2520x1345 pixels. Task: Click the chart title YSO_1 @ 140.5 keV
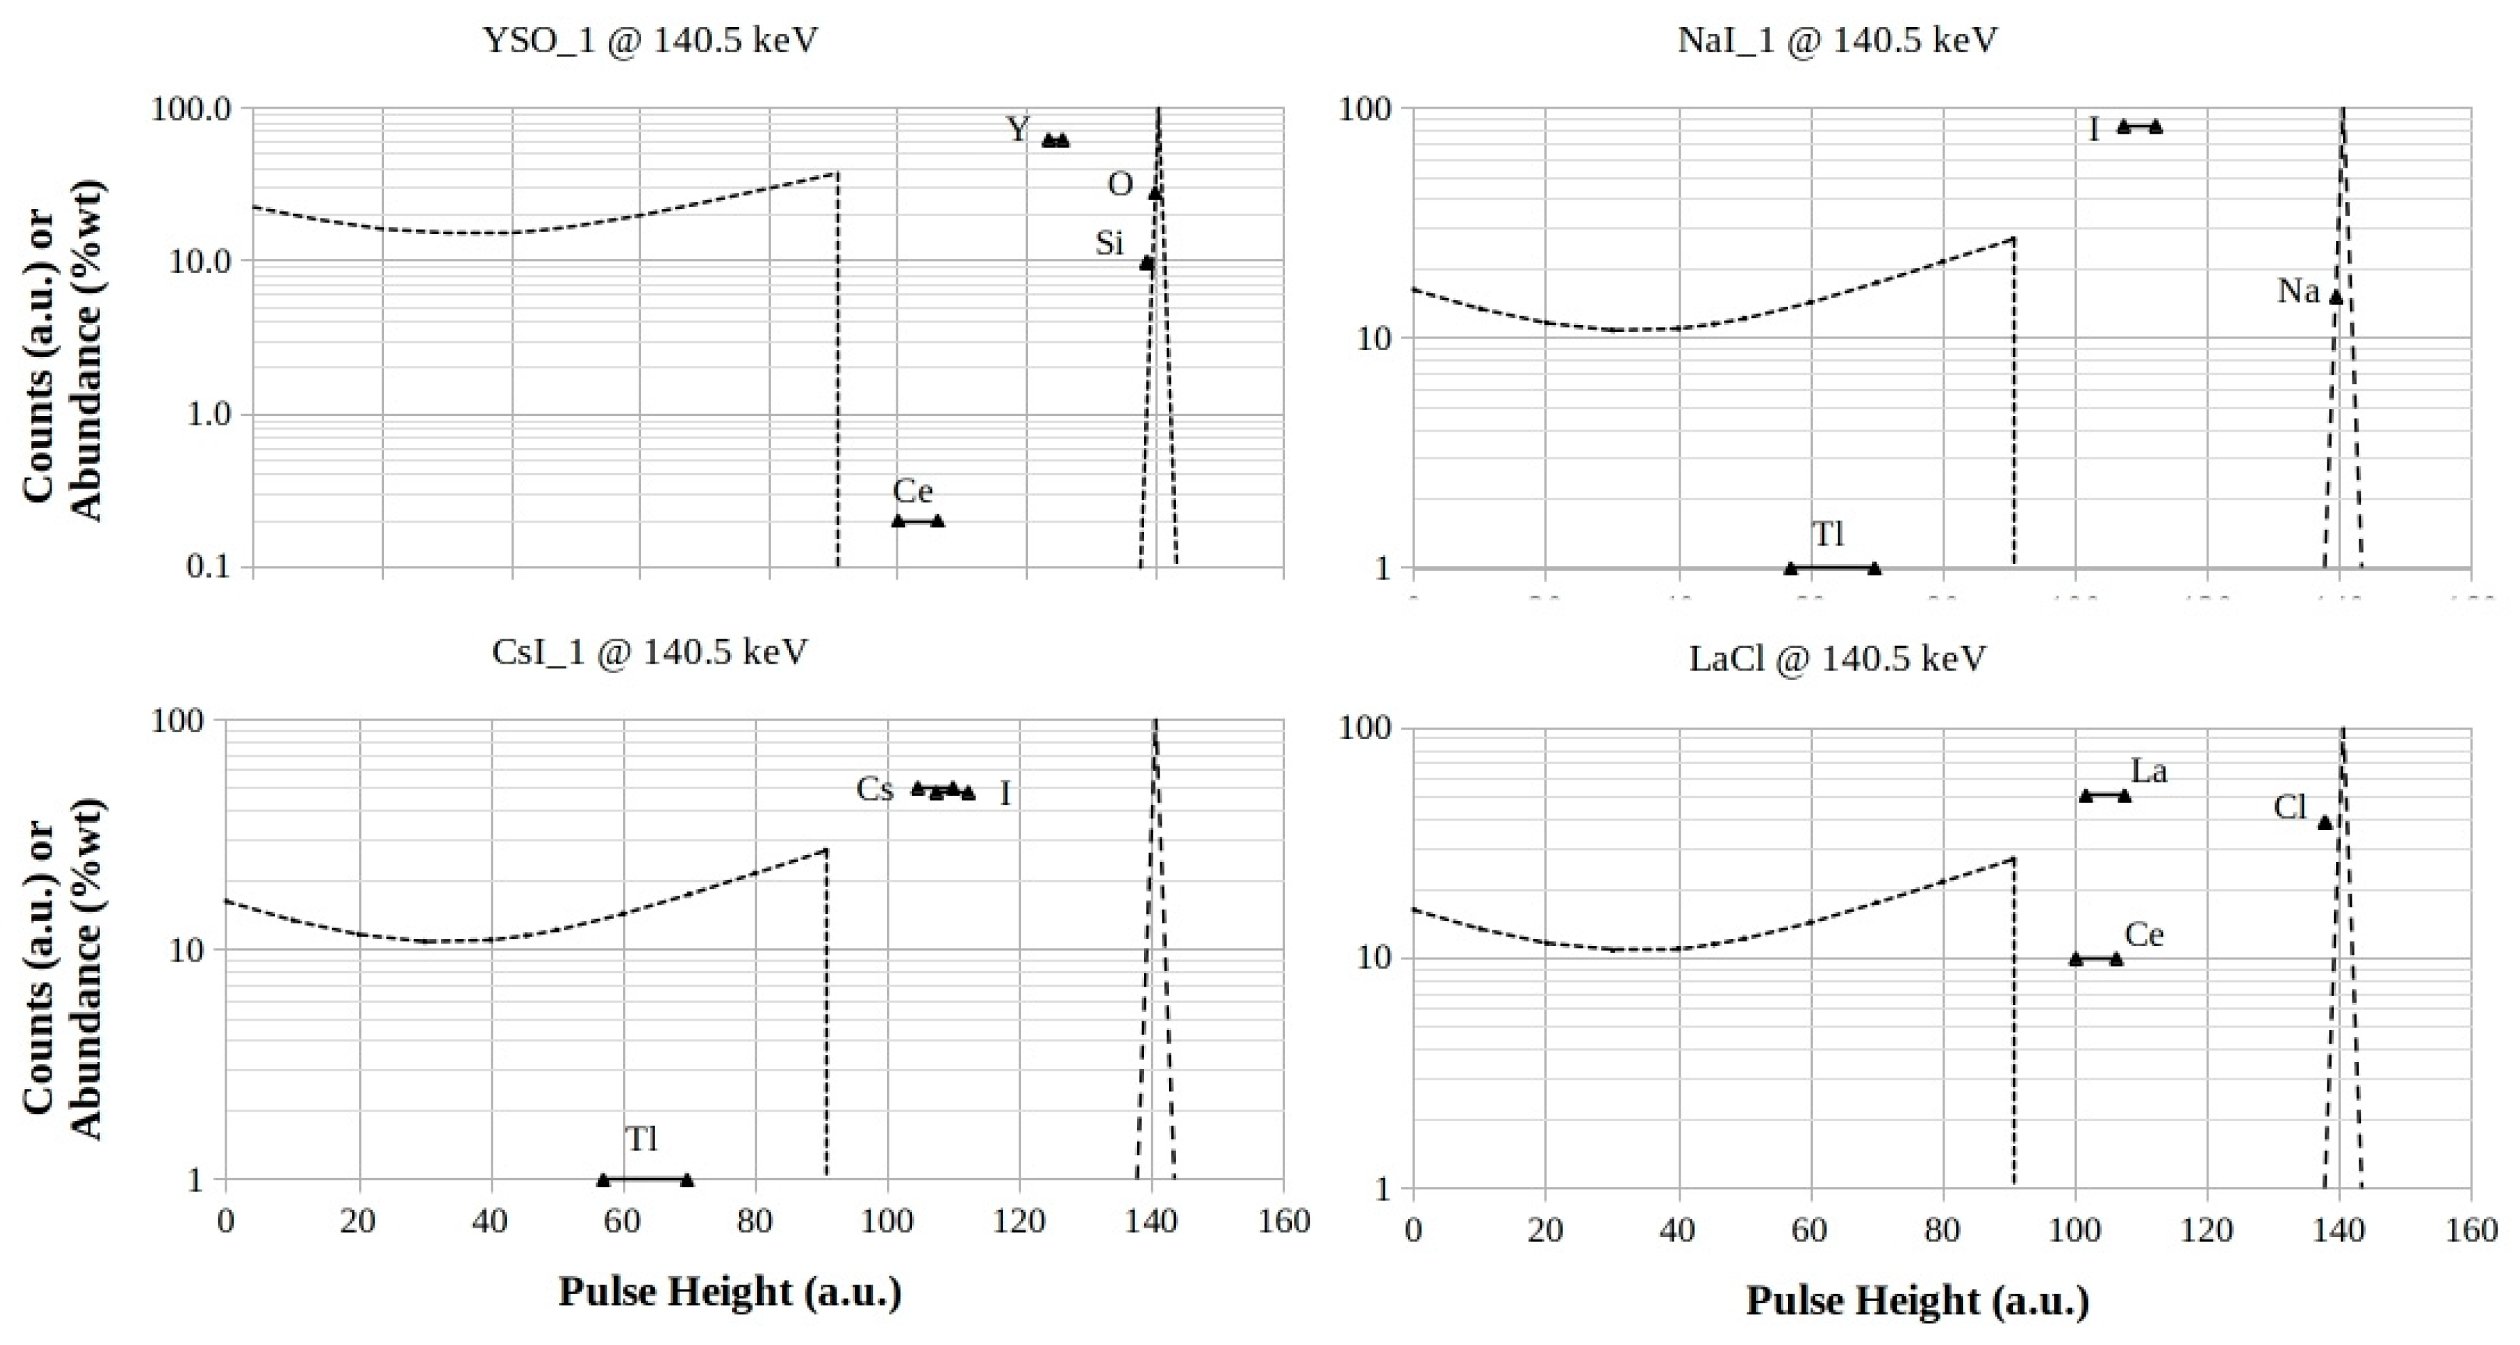click(651, 41)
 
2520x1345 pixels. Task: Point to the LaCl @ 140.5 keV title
click(1837, 658)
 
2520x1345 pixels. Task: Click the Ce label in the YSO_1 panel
click(912, 491)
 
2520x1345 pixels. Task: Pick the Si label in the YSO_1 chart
click(1109, 242)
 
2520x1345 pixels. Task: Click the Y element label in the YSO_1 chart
click(1018, 129)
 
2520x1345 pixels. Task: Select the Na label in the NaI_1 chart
click(2298, 290)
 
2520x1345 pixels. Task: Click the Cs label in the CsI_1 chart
click(875, 789)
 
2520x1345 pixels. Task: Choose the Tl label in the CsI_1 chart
click(642, 1139)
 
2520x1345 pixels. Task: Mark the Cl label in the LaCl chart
click(2290, 808)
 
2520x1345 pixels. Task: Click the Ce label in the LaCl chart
click(2144, 935)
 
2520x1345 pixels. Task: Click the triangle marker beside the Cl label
click(2325, 822)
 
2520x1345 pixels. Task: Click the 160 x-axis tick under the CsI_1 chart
click(1284, 1221)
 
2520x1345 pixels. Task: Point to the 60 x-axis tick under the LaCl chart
click(1809, 1230)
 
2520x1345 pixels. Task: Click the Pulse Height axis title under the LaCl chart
click(1917, 1301)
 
